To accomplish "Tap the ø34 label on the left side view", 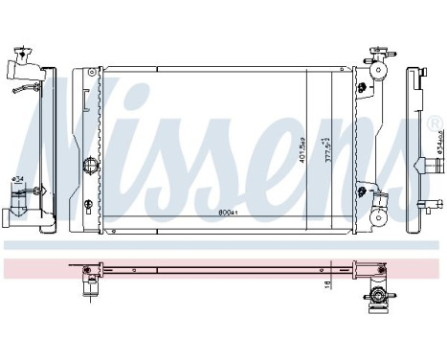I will (x=17, y=179).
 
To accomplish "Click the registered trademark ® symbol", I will (x=436, y=123).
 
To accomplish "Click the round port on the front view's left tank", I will (x=92, y=164).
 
